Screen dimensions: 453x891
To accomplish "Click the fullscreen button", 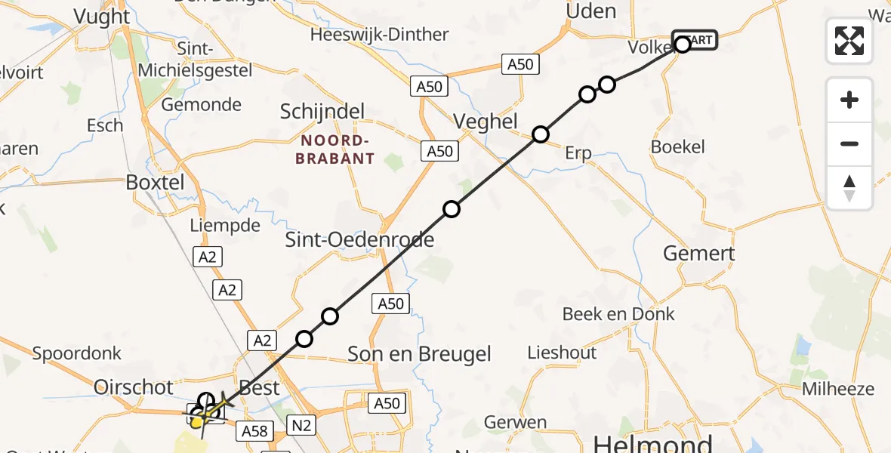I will [849, 40].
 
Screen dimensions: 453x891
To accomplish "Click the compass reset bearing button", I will [849, 188].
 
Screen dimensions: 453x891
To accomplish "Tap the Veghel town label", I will [486, 122].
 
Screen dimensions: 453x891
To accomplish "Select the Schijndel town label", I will [322, 112].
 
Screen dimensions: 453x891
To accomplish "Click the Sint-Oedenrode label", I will [359, 240].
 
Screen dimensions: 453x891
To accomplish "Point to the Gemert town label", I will [699, 253].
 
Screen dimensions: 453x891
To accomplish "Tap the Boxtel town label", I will [155, 183].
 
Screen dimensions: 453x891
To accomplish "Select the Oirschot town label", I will [134, 387].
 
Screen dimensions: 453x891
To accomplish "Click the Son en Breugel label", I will [419, 354].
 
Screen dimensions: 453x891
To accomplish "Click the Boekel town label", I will [677, 147].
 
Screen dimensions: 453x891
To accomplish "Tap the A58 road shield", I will [254, 431].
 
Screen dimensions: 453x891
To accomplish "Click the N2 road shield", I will [301, 426].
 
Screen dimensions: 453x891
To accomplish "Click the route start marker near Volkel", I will [683, 45].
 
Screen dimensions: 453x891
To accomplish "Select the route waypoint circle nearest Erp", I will [541, 134].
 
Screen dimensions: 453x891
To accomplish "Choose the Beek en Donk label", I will [618, 314].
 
